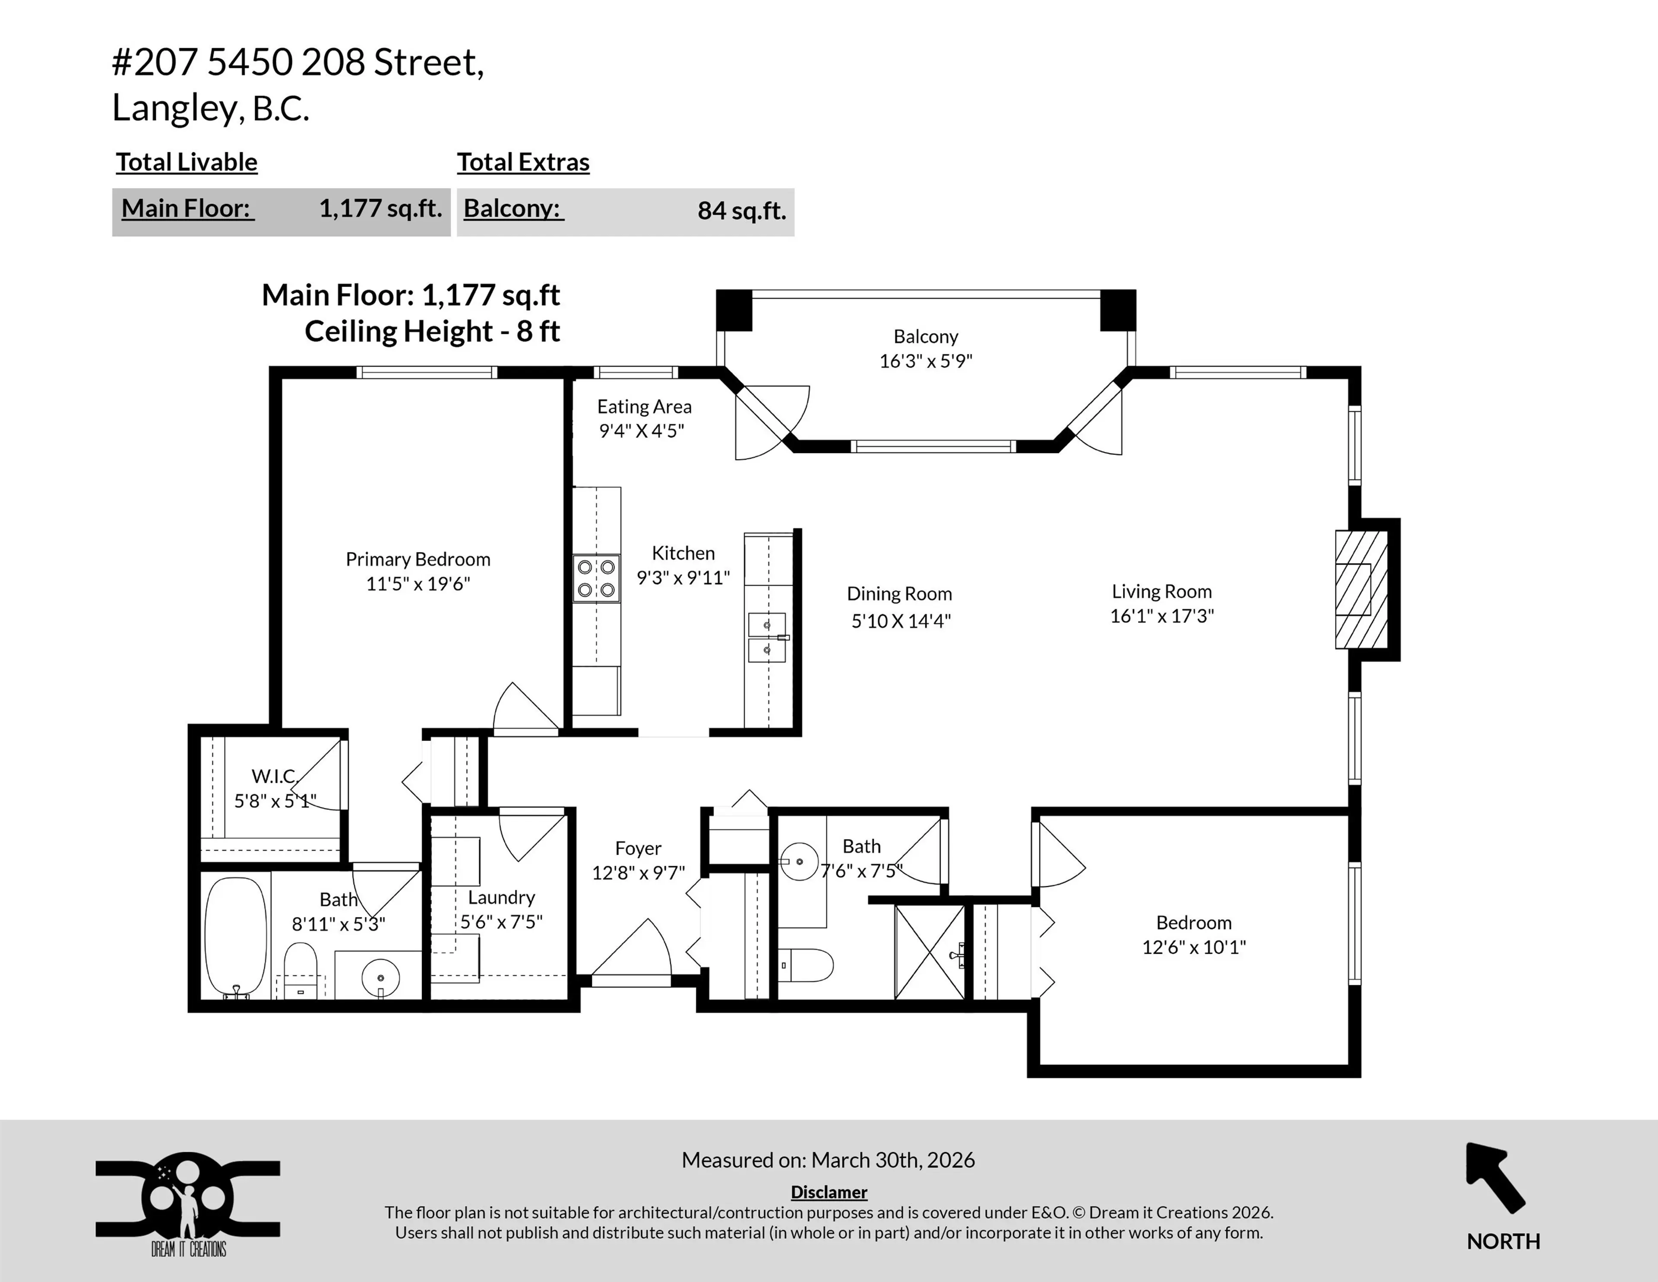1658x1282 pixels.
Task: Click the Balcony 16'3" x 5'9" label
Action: click(925, 349)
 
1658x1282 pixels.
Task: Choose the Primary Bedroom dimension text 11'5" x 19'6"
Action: click(418, 584)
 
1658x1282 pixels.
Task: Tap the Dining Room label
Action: click(900, 594)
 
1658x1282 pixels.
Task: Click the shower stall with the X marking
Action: click(929, 952)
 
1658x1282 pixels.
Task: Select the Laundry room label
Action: click(501, 898)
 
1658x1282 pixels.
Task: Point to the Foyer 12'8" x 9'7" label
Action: click(639, 860)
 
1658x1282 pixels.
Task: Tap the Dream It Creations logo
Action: click(187, 1204)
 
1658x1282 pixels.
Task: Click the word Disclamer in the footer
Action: click(829, 1193)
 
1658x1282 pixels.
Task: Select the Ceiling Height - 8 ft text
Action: click(432, 332)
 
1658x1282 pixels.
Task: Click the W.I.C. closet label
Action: click(274, 776)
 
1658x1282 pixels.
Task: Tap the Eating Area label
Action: click(644, 407)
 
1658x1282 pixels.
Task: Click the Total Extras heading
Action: click(523, 162)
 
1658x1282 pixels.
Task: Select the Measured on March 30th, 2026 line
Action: click(828, 1160)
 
